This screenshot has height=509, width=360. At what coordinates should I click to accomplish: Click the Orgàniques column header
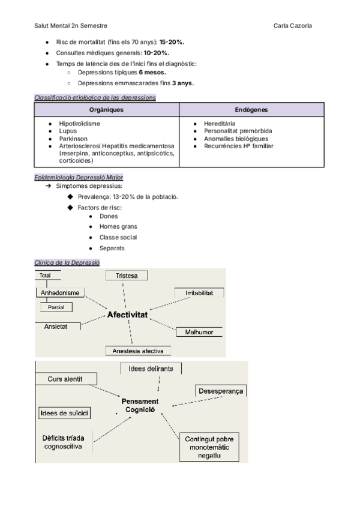click(106, 110)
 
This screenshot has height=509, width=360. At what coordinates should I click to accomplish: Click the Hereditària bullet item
click(220, 123)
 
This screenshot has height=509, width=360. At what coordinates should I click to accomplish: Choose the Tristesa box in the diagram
click(127, 276)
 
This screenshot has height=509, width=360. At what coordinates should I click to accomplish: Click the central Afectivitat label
click(128, 314)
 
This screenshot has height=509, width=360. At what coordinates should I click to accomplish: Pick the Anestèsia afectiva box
click(138, 351)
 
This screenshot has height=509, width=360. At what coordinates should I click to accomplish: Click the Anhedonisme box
click(61, 292)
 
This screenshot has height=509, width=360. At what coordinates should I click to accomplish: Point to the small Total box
click(45, 276)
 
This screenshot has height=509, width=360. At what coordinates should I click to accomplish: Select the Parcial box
click(56, 307)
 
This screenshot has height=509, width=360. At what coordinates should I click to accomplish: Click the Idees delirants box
click(151, 369)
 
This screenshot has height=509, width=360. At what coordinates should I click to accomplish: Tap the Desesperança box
click(221, 391)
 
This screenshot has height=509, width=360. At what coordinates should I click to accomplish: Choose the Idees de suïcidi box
click(64, 414)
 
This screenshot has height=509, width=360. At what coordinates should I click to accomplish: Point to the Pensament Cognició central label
click(140, 405)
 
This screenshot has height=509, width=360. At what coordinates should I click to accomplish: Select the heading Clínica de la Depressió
click(67, 262)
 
